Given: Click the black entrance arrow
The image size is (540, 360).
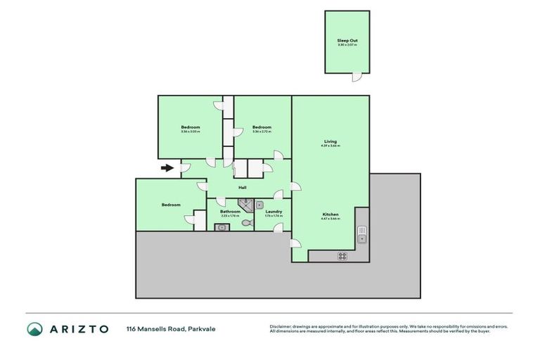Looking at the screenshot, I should tap(167, 168).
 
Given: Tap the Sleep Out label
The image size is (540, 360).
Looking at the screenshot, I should tap(347, 41).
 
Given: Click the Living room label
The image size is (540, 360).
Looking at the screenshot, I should tap(330, 141).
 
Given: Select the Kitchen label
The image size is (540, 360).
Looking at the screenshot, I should tap(330, 214).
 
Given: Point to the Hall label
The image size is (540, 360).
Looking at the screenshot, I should tap(242, 188).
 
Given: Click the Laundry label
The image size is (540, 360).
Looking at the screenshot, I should tap(273, 211).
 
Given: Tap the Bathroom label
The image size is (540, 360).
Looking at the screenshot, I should tap(230, 211).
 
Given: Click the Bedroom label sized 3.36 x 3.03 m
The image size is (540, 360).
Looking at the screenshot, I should tap(190, 127).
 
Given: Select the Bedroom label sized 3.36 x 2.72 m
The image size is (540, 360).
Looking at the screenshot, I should tap(262, 127).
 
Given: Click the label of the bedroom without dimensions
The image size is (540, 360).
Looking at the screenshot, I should tap(171, 205).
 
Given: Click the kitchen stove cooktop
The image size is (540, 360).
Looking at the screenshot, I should tap(343, 256).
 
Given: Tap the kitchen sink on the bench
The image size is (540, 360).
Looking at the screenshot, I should tap(361, 233).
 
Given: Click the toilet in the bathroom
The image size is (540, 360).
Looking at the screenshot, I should tap(245, 223).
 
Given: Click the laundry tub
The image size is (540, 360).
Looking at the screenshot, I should tap(259, 205).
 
